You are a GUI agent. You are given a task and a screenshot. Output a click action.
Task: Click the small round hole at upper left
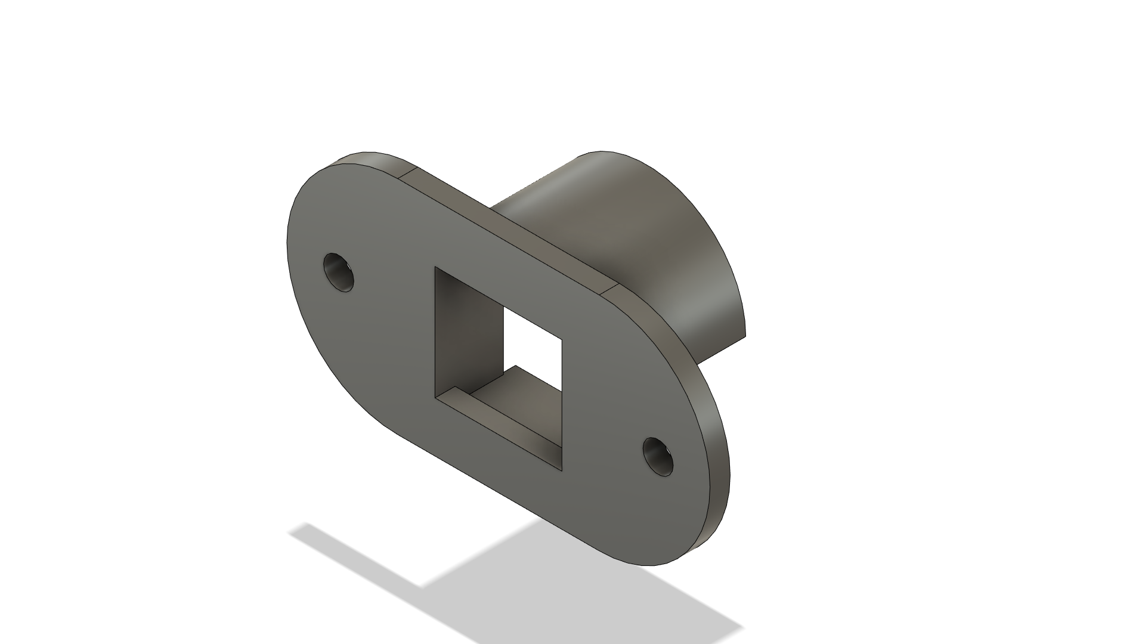(x=339, y=273)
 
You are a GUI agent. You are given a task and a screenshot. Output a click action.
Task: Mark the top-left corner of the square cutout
(x=436, y=268)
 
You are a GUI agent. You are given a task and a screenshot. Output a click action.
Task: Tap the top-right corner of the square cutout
(x=562, y=338)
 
